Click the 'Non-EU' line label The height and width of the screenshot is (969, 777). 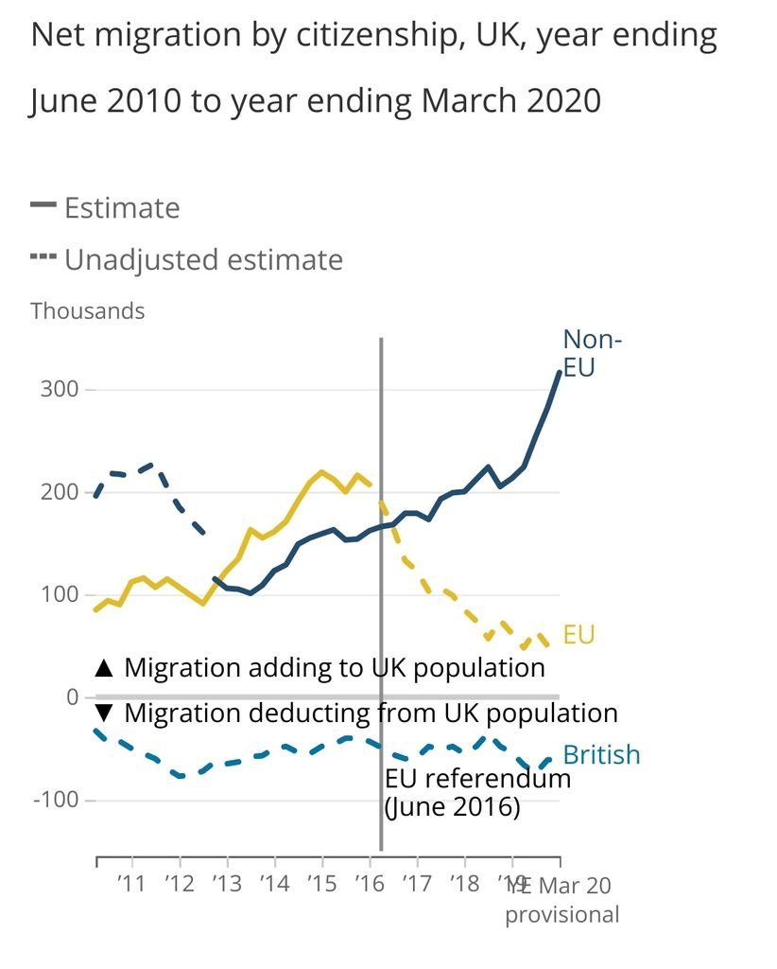coord(592,353)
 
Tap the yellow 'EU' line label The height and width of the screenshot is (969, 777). coord(578,634)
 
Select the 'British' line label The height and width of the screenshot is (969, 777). coord(601,755)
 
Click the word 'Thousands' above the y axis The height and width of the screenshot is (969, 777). coord(88,310)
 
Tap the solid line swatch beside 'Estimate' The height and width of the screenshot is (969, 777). coord(43,205)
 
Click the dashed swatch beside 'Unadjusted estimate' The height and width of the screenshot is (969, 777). coord(43,257)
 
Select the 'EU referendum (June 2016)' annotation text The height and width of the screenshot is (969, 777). coord(477,794)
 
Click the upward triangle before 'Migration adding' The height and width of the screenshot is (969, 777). coord(104,668)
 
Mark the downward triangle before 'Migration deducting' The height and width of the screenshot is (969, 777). coord(104,714)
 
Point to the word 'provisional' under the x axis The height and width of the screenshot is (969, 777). coord(562,915)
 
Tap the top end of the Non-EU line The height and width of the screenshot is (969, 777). coord(560,372)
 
